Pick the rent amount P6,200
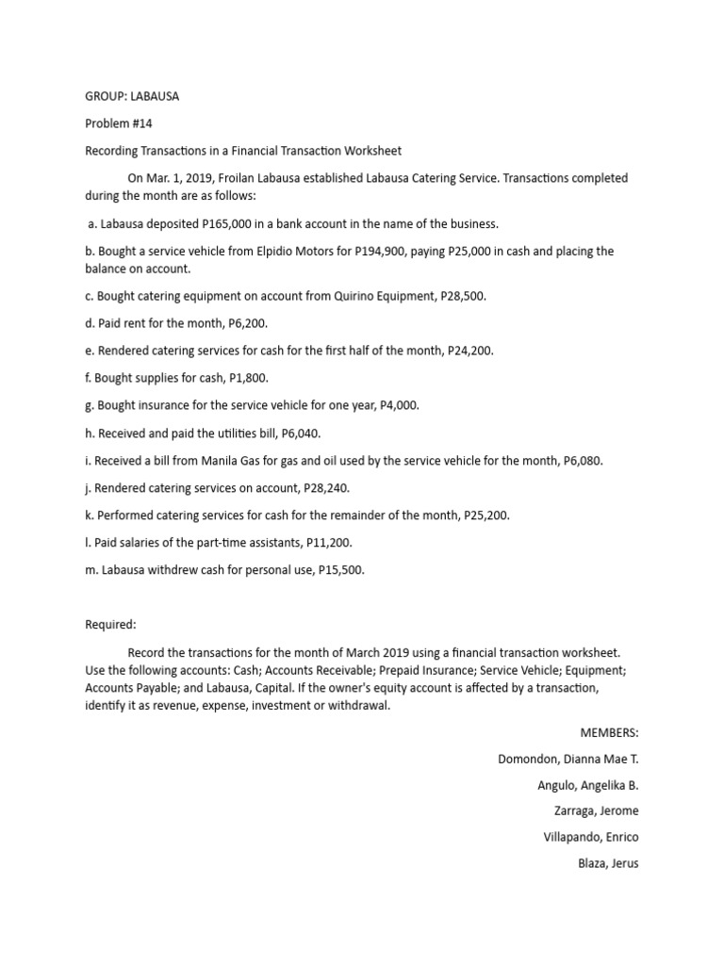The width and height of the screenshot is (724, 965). (x=248, y=323)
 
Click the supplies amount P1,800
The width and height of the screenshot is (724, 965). (x=248, y=378)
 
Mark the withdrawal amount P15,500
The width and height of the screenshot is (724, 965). (x=340, y=570)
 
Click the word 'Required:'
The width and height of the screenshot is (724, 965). (x=111, y=624)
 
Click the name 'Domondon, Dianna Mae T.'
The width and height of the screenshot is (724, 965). (x=568, y=760)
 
